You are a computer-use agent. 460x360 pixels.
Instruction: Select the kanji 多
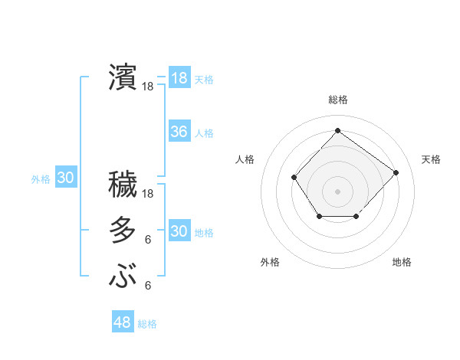click(123, 230)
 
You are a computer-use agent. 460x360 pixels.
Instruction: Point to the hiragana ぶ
click(123, 276)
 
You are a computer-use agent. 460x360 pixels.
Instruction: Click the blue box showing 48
click(123, 322)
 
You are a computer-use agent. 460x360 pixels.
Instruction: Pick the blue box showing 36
click(179, 132)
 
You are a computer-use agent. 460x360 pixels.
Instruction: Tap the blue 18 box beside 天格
click(179, 78)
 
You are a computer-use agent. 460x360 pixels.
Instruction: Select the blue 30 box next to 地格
click(179, 231)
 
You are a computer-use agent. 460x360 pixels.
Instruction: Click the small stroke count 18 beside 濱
click(148, 87)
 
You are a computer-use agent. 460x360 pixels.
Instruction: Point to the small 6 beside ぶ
click(147, 286)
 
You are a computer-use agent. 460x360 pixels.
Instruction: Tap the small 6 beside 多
click(147, 240)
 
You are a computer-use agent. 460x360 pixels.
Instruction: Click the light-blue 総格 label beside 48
click(147, 324)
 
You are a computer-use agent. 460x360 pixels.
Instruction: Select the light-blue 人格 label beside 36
click(204, 133)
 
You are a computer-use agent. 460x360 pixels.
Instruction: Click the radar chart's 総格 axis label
click(337, 100)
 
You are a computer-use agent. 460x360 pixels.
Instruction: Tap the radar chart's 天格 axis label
click(431, 159)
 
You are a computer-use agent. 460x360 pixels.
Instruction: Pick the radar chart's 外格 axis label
click(270, 262)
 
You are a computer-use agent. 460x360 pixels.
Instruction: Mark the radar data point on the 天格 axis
click(396, 172)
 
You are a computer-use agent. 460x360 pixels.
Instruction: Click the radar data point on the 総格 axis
click(337, 130)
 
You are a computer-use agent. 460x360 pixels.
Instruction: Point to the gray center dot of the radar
click(337, 191)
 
